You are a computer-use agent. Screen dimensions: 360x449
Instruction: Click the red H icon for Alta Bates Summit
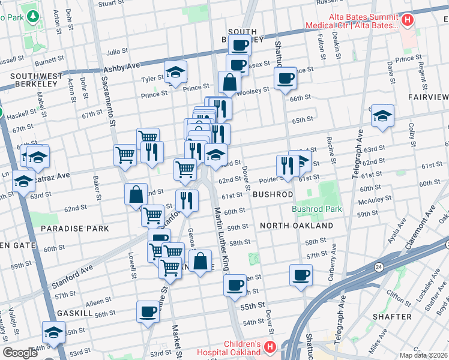[x=408, y=21]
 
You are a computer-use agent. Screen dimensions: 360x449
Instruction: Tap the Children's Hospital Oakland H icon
[x=270, y=347]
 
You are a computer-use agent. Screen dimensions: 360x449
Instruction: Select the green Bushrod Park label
[x=316, y=209]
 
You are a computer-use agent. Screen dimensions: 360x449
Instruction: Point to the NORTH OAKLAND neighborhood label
[x=297, y=226]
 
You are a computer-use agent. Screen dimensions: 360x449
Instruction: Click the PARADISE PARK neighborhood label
[x=74, y=229]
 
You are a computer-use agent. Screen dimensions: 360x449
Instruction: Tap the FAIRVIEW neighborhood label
[x=427, y=97]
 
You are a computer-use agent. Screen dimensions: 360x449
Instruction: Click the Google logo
[x=20, y=353]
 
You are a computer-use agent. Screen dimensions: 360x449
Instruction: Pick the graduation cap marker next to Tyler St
[x=175, y=72]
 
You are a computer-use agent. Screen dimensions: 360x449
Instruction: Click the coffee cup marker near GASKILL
[x=148, y=311]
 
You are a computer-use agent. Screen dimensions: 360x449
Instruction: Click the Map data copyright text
[x=423, y=355]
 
